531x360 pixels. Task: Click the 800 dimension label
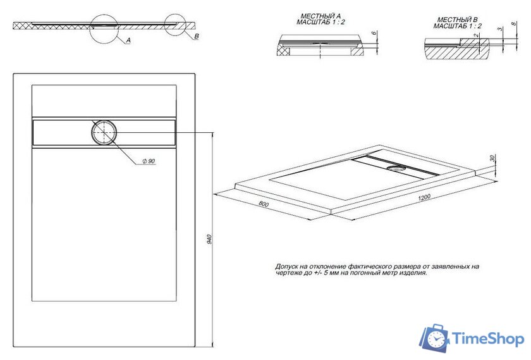coord(263,204)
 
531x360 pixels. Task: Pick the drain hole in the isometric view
coord(398,168)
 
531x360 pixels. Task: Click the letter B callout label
coord(196,37)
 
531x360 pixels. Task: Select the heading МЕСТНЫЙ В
coord(457,20)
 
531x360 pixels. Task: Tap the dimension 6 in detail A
coord(375,34)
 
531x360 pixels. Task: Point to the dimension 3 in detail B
coord(499,29)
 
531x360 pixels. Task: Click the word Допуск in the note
coord(285,266)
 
